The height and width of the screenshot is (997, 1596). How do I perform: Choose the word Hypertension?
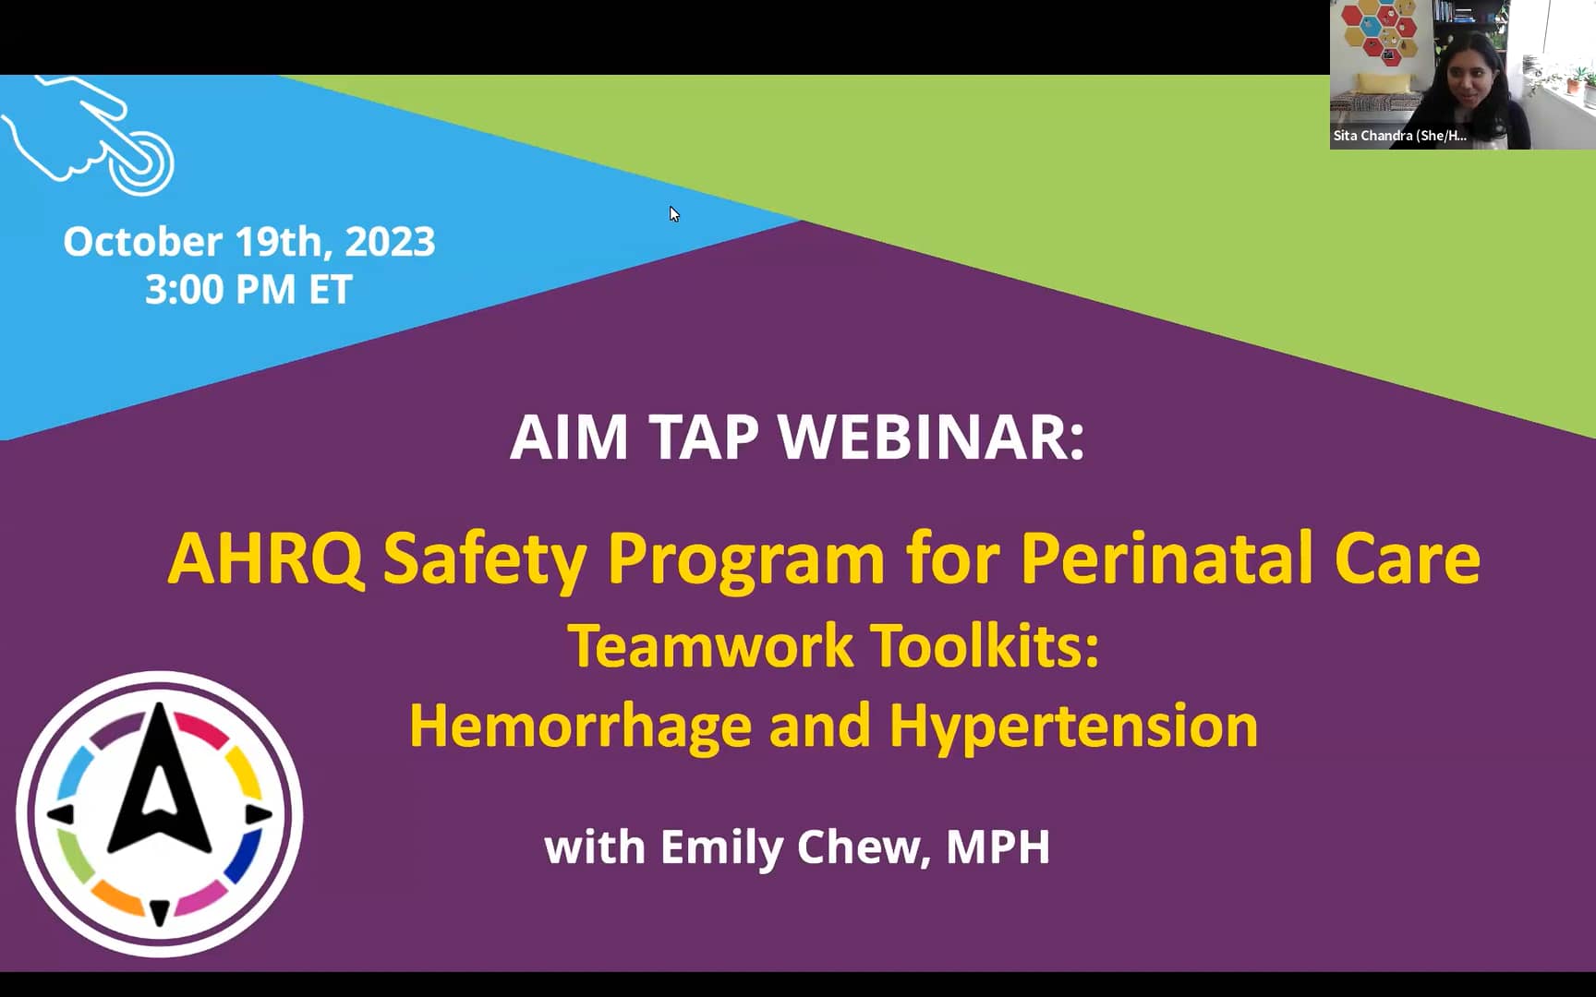[1073, 727]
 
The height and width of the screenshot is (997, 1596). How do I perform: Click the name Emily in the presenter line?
[720, 847]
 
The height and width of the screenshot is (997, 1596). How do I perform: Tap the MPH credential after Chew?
[997, 847]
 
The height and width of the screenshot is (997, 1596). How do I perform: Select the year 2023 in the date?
[390, 242]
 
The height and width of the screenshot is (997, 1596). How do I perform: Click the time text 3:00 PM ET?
[248, 290]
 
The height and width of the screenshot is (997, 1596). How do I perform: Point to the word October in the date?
[142, 242]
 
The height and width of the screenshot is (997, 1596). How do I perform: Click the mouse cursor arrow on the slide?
[673, 213]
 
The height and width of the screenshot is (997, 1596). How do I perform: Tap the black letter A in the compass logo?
[160, 785]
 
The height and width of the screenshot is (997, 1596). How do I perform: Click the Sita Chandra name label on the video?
[1398, 136]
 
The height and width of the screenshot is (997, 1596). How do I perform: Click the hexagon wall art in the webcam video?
[1379, 32]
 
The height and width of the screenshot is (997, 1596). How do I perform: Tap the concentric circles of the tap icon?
[141, 162]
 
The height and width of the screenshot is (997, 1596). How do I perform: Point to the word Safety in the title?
[484, 559]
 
